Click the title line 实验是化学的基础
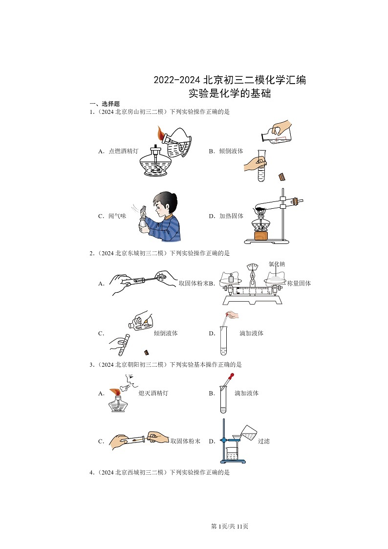[x=230, y=93]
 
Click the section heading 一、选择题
[x=104, y=104]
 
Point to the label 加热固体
[x=232, y=216]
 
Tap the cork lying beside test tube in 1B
[x=281, y=176]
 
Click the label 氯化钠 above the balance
[x=277, y=264]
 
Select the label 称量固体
[x=299, y=283]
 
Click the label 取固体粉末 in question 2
[x=194, y=283]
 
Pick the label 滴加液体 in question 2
[x=251, y=333]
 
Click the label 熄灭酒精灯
[x=153, y=393]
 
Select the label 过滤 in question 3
[x=263, y=441]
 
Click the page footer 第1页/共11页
[x=230, y=526]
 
